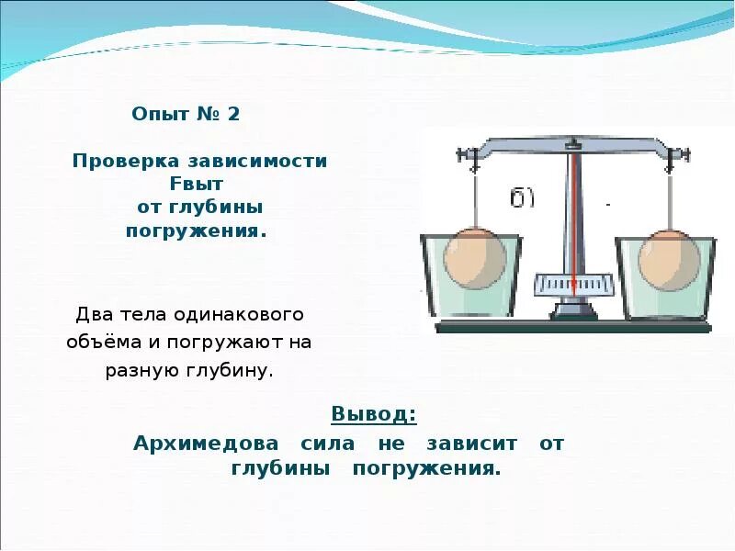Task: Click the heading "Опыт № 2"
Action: point(186,115)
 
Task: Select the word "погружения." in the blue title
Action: point(195,231)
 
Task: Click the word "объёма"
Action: point(98,343)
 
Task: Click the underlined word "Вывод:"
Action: point(373,414)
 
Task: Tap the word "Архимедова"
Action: point(206,443)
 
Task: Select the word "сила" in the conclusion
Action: point(326,443)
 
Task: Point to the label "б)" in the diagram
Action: point(523,198)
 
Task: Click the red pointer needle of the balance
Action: point(573,220)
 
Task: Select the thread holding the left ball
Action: point(475,197)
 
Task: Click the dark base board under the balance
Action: point(573,326)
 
